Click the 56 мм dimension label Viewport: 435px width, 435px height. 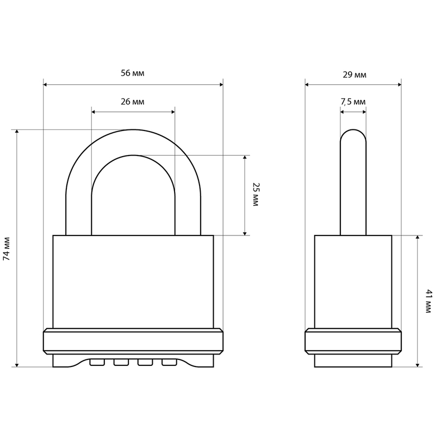(132, 73)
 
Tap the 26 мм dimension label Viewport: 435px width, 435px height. (132, 102)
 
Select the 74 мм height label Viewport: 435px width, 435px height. (7, 248)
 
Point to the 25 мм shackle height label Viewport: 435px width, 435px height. (255, 194)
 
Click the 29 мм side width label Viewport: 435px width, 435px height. (355, 75)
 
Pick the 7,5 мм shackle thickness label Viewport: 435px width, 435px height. (353, 102)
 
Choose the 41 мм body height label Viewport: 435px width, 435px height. (428, 301)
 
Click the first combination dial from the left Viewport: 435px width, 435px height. (97, 362)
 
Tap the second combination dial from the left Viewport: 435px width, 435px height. (121, 362)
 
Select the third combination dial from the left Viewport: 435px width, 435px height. (145, 362)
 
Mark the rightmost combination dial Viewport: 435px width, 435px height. (169, 362)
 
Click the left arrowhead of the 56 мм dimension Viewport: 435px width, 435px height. (45, 84)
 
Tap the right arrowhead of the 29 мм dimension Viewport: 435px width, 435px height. (400, 85)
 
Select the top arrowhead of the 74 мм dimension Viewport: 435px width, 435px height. (17, 132)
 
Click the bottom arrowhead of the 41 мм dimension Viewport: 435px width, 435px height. (418, 365)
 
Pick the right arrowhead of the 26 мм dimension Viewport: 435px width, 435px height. (173, 112)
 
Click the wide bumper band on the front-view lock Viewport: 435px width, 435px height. (133, 341)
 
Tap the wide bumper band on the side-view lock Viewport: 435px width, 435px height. (353, 341)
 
